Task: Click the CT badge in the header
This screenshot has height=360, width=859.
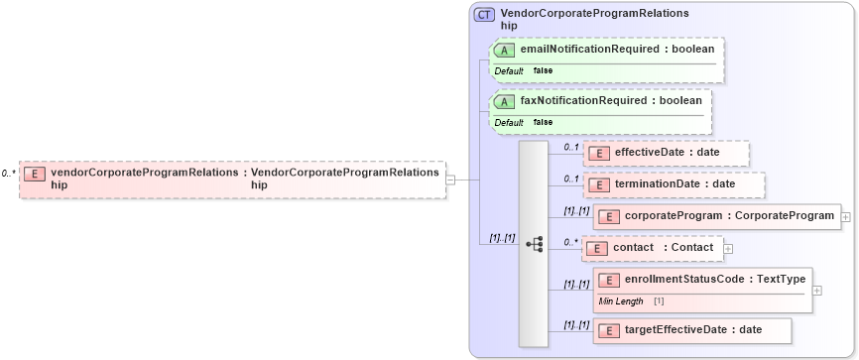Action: point(485,15)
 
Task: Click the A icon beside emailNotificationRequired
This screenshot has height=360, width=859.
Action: point(504,49)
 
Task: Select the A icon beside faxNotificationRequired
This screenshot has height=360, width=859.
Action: point(504,100)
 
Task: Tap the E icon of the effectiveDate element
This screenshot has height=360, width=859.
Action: point(598,153)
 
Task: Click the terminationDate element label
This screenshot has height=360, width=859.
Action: point(675,183)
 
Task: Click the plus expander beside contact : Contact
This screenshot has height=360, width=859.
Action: point(728,248)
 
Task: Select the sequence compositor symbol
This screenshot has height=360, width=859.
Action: point(534,244)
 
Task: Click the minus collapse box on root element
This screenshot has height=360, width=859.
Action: point(450,180)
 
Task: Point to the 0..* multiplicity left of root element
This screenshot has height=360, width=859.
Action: point(8,174)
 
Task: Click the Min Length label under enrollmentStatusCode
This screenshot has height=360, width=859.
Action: point(621,300)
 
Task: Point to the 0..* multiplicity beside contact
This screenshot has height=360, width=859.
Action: point(570,241)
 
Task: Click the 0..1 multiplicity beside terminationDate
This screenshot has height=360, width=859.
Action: point(570,179)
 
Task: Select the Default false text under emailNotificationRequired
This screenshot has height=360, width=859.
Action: point(524,71)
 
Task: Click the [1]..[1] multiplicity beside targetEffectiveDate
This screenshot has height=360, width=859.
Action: point(576,324)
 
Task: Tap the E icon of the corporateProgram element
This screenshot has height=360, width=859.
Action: point(608,215)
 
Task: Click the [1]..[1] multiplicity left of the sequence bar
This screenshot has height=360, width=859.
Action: point(503,238)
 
